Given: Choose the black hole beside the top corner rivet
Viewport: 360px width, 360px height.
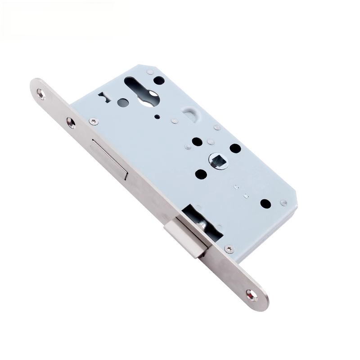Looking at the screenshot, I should pyautogui.click(x=159, y=81).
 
